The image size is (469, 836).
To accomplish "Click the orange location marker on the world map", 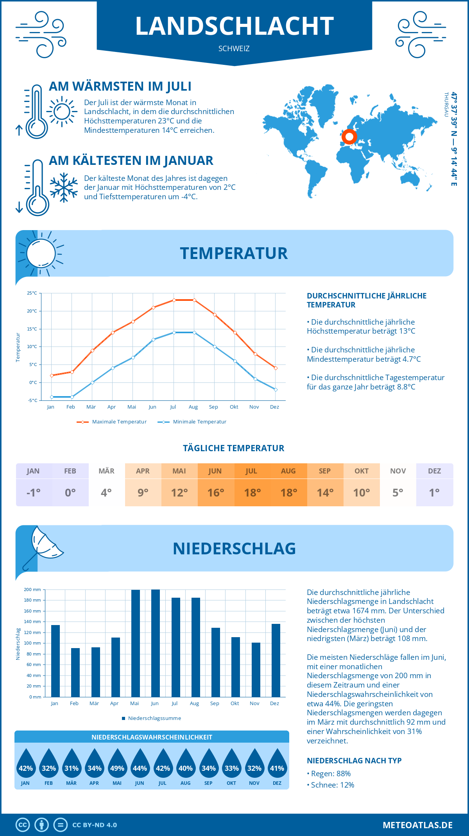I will pyautogui.click(x=349, y=137).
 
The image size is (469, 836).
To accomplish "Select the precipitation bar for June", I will pyautogui.click(x=156, y=643).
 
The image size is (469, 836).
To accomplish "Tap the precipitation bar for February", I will pyautogui.click(x=75, y=672).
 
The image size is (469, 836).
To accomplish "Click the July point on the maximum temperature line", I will pyautogui.click(x=174, y=300).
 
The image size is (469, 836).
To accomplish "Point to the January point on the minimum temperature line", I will pyautogui.click(x=52, y=397).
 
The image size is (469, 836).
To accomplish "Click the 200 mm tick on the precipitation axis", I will pyautogui.click(x=32, y=589).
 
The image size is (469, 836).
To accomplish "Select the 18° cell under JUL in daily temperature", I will pyautogui.click(x=252, y=493).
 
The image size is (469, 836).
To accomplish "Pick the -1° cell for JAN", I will pyautogui.click(x=34, y=493).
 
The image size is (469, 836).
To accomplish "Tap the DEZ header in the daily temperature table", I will pyautogui.click(x=434, y=471).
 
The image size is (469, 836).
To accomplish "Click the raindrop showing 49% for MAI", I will pyautogui.click(x=117, y=765).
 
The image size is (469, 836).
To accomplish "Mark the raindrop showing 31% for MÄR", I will pyautogui.click(x=72, y=765).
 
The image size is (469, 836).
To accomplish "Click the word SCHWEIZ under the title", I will pyautogui.click(x=234, y=49).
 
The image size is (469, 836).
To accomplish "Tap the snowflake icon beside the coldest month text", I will pyautogui.click(x=64, y=188).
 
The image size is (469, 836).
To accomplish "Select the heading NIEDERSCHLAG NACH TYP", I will pyautogui.click(x=354, y=761).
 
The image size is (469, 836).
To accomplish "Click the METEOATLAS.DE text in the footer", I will pyautogui.click(x=417, y=825).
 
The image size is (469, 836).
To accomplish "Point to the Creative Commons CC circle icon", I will pyautogui.click(x=23, y=825).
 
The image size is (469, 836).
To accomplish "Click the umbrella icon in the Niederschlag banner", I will pyautogui.click(x=43, y=545).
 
